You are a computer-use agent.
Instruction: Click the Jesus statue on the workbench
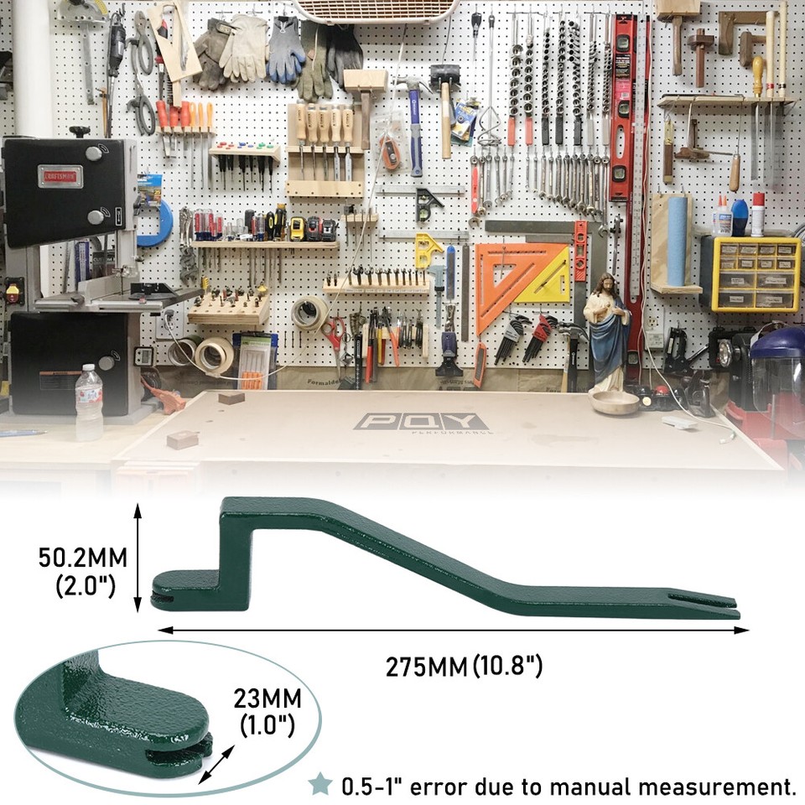pyautogui.click(x=606, y=331)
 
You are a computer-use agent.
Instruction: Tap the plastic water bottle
pyautogui.click(x=89, y=402)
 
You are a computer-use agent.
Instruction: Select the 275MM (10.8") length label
pyautogui.click(x=464, y=667)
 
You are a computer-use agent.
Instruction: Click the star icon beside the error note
pyautogui.click(x=319, y=785)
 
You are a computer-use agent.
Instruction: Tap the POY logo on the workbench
pyautogui.click(x=419, y=422)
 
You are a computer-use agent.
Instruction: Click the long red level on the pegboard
pyautogui.click(x=622, y=109)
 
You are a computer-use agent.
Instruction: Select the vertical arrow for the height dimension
pyautogui.click(x=138, y=558)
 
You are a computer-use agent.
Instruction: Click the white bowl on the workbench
pyautogui.click(x=614, y=401)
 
